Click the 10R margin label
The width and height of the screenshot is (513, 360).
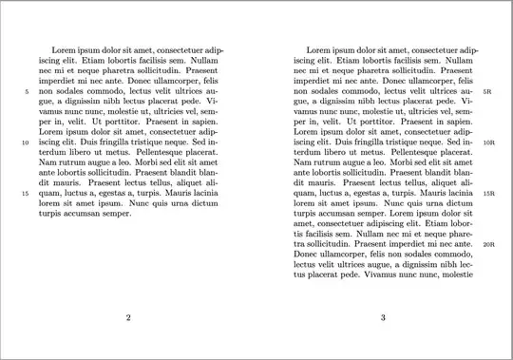coord(489,142)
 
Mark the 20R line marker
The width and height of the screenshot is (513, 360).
coord(489,244)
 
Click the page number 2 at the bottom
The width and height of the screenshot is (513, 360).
coord(128,317)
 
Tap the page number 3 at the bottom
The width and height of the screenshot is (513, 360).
coord(382,317)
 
